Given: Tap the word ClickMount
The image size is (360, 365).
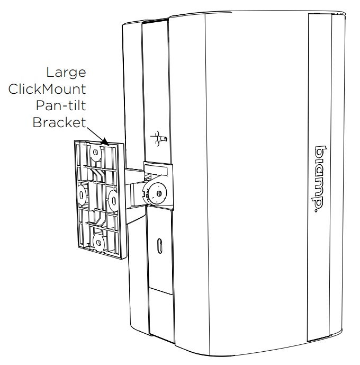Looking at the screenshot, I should click(x=47, y=90).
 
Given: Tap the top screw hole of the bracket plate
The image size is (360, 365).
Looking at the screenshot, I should click(x=96, y=154).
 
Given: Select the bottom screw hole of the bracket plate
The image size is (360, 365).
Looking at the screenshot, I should click(x=97, y=242).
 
